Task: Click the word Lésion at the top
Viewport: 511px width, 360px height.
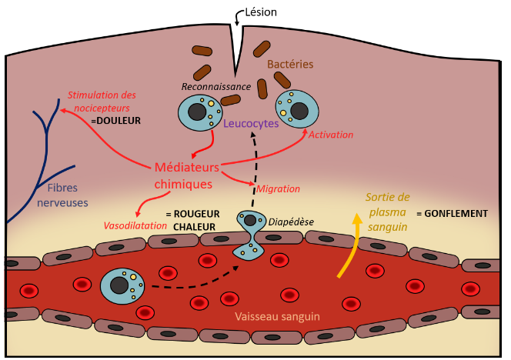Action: click(x=261, y=12)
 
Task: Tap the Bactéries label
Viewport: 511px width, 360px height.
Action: click(x=290, y=64)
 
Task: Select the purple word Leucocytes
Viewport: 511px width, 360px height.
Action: click(x=251, y=124)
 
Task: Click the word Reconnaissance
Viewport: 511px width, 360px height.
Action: click(x=216, y=87)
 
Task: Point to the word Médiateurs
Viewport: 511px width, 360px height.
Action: click(x=187, y=167)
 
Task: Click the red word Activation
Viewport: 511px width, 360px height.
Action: click(x=331, y=135)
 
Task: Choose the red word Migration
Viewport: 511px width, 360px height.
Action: click(x=278, y=189)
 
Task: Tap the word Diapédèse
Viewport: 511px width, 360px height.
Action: click(x=291, y=222)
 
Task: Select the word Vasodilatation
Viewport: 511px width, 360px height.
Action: click(x=135, y=225)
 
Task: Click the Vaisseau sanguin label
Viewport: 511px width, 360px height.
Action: click(x=277, y=316)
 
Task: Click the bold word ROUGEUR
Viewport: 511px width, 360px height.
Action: click(x=196, y=214)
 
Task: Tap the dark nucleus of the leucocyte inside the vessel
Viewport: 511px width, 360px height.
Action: click(x=119, y=285)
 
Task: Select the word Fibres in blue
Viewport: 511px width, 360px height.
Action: click(x=62, y=188)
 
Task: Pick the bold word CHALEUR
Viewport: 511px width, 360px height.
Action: click(x=194, y=227)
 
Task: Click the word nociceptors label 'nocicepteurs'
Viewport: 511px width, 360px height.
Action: click(x=102, y=108)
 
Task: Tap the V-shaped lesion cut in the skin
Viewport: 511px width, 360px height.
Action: click(x=236, y=49)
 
